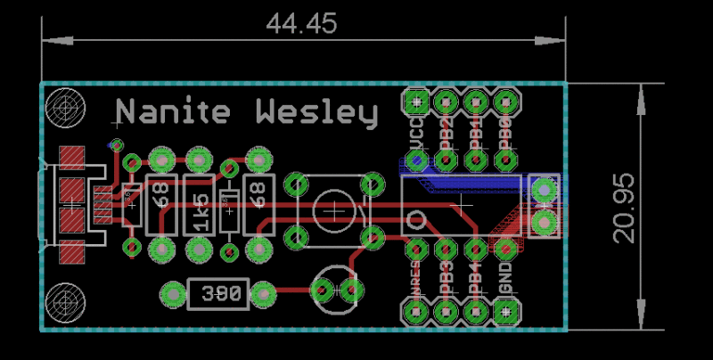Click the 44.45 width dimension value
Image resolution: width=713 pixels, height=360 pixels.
pyautogui.click(x=301, y=24)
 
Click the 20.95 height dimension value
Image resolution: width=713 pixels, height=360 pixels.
pyautogui.click(x=624, y=208)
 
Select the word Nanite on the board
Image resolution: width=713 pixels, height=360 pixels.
pyautogui.click(x=174, y=112)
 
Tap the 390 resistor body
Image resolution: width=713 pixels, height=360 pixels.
pyautogui.click(x=217, y=293)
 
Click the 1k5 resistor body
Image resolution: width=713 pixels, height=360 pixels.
pyautogui.click(x=200, y=204)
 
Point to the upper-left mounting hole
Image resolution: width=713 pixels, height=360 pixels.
pyautogui.click(x=64, y=108)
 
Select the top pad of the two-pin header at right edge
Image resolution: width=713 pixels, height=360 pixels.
pyautogui.click(x=543, y=189)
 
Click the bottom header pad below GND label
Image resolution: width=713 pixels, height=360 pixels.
pyautogui.click(x=506, y=312)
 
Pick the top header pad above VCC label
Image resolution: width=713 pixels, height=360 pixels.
pyautogui.click(x=415, y=101)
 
